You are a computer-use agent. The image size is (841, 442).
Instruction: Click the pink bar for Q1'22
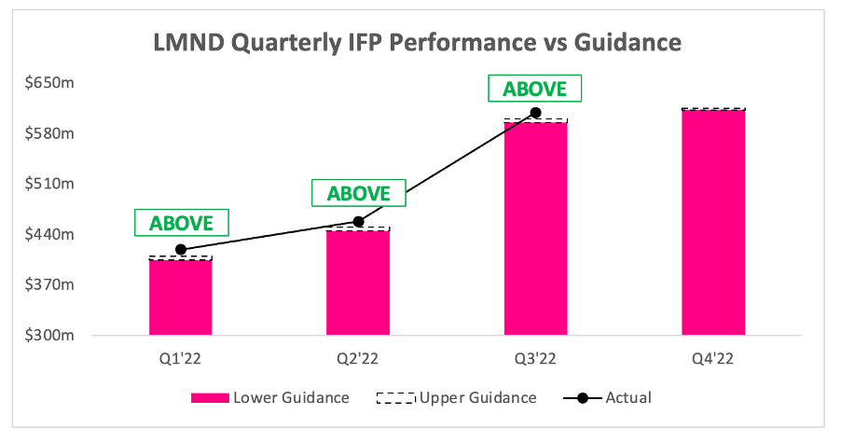tap(181, 297)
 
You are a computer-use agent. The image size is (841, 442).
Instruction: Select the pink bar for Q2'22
tap(358, 283)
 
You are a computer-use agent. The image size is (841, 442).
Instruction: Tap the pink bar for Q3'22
tap(536, 228)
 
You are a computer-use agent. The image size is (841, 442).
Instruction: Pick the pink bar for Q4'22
tap(713, 223)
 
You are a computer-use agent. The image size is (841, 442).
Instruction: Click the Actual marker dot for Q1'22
tap(181, 249)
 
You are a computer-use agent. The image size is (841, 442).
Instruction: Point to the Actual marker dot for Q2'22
tap(358, 222)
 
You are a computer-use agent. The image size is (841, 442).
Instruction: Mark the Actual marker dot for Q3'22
tap(536, 113)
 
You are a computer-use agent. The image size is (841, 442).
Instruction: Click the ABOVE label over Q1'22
tap(181, 223)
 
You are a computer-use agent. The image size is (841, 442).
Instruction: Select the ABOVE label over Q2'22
tap(359, 193)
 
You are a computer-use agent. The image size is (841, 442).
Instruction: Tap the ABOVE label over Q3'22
tap(535, 89)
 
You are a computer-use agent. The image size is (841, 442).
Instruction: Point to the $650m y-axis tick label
tap(49, 83)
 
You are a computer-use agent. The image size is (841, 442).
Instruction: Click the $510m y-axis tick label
tap(49, 184)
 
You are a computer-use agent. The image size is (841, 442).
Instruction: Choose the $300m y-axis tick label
tap(49, 336)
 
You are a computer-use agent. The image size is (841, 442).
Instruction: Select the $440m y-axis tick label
tap(49, 234)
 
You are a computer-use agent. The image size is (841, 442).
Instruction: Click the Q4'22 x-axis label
tap(712, 358)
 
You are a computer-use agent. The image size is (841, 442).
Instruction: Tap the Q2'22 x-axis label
tap(357, 358)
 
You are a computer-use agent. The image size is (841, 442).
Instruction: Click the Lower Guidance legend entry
tap(270, 397)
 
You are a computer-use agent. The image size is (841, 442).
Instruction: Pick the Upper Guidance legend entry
tap(457, 397)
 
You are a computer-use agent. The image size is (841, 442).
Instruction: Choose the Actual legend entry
tap(608, 397)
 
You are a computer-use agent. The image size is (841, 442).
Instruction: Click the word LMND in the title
tap(188, 42)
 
